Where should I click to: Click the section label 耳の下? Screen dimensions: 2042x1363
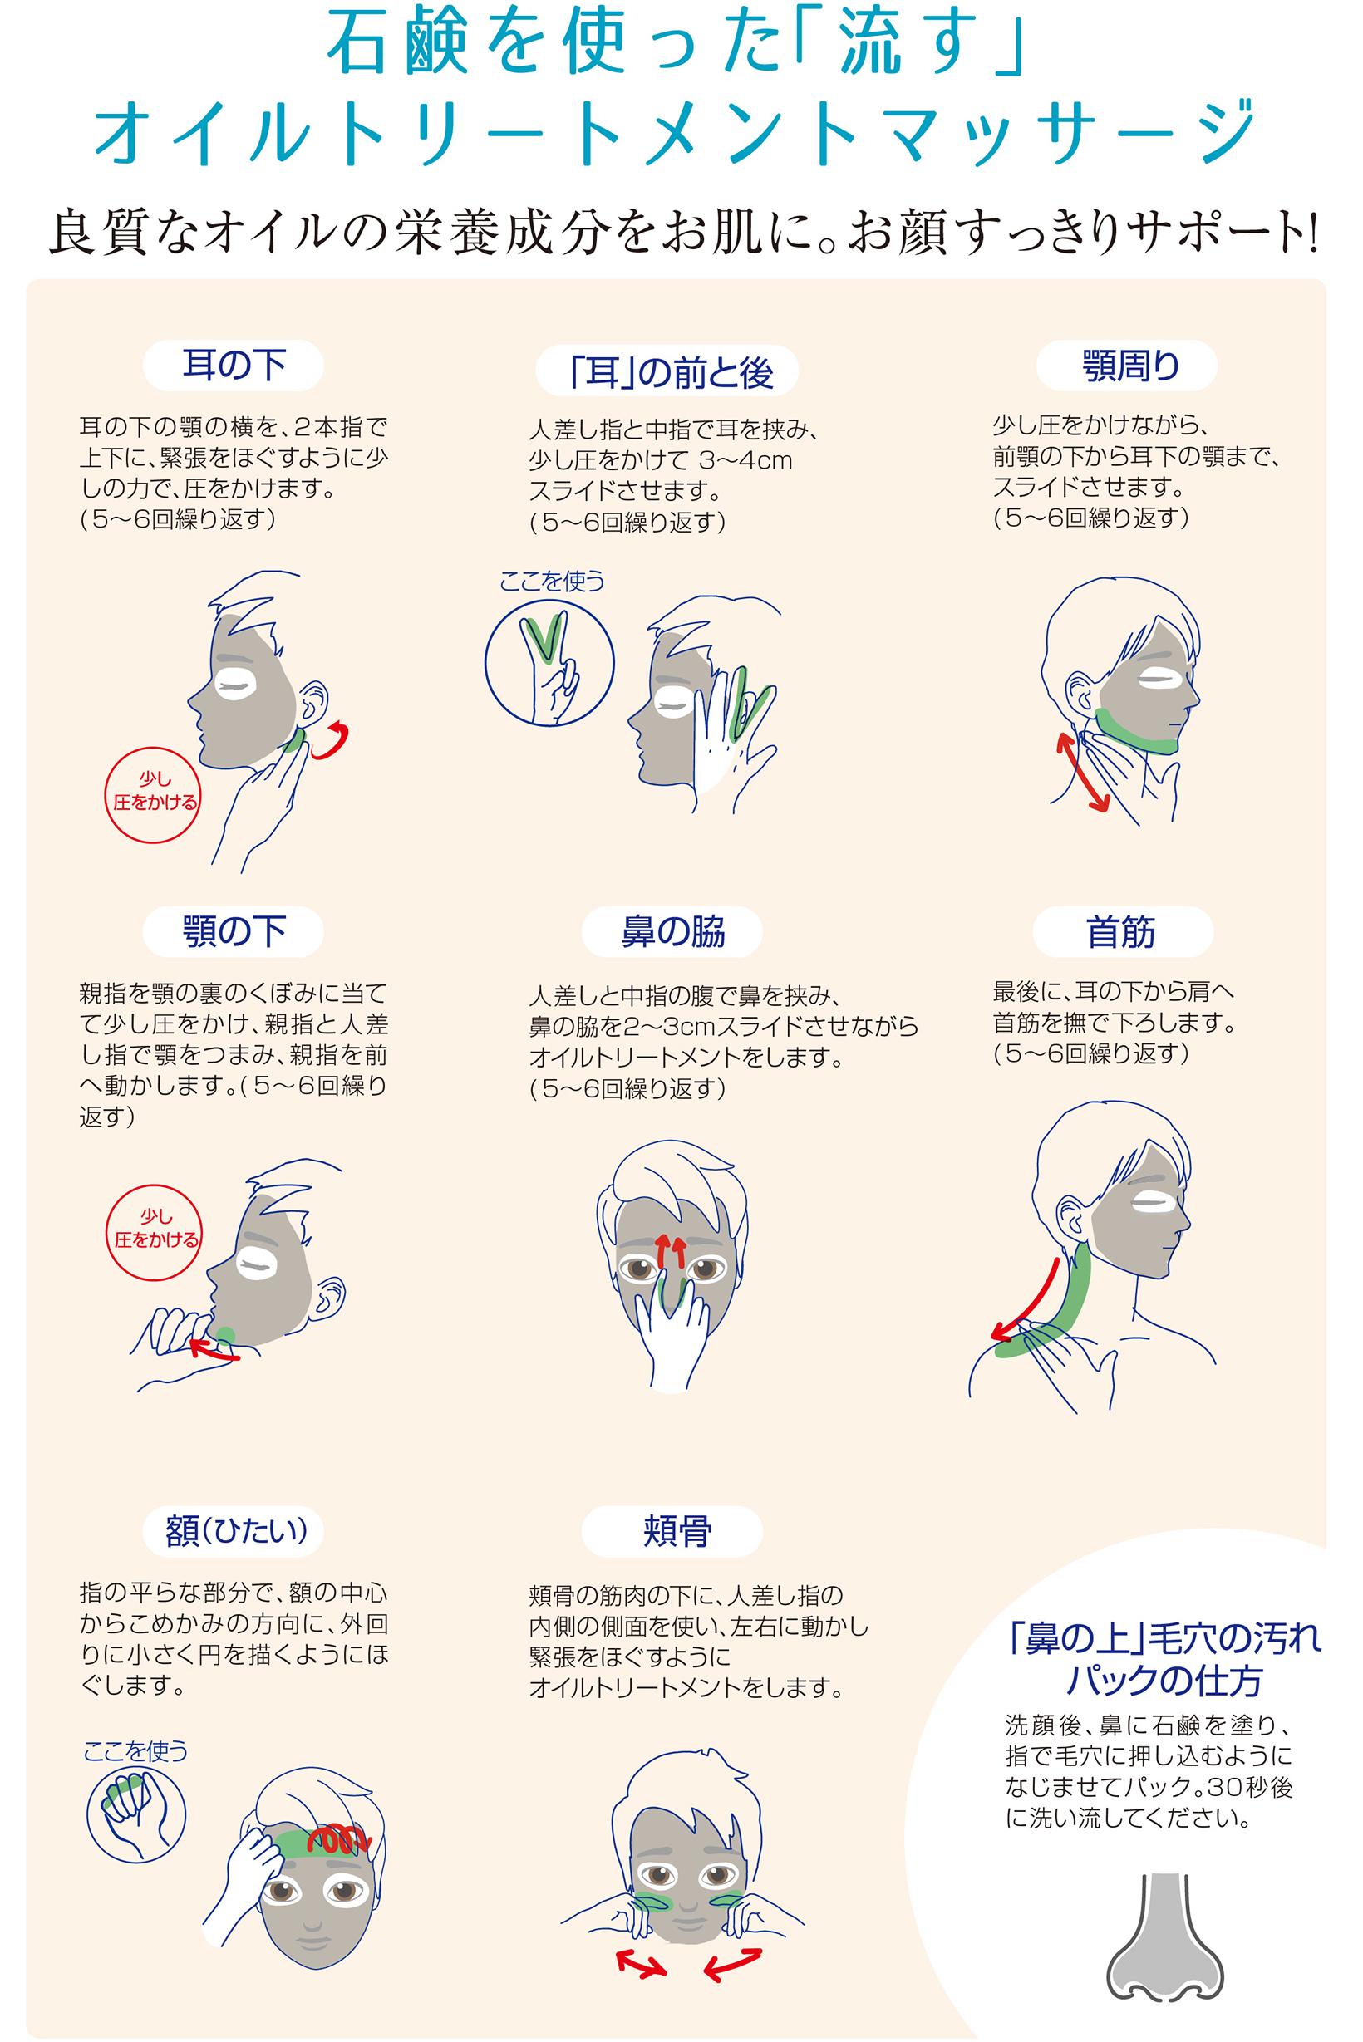pyautogui.click(x=233, y=366)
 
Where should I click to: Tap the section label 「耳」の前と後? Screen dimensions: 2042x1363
pyautogui.click(x=667, y=372)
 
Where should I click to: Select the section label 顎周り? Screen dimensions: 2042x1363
pyautogui.click(x=1127, y=366)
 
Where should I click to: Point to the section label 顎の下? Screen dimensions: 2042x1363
pyautogui.click(x=233, y=932)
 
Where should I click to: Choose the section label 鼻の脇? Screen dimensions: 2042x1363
pyautogui.click(x=672, y=932)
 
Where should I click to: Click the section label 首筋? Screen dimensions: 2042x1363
pyautogui.click(x=1121, y=932)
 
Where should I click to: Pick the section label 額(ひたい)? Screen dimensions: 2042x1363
pyautogui.click(x=233, y=1530)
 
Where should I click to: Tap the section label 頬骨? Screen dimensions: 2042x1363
pyautogui.click(x=672, y=1530)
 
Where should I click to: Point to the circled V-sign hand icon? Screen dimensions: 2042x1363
pyautogui.click(x=549, y=661)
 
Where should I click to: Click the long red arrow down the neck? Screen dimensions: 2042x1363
pyautogui.click(x=1027, y=1298)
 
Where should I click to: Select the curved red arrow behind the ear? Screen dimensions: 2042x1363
pyautogui.click(x=333, y=740)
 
